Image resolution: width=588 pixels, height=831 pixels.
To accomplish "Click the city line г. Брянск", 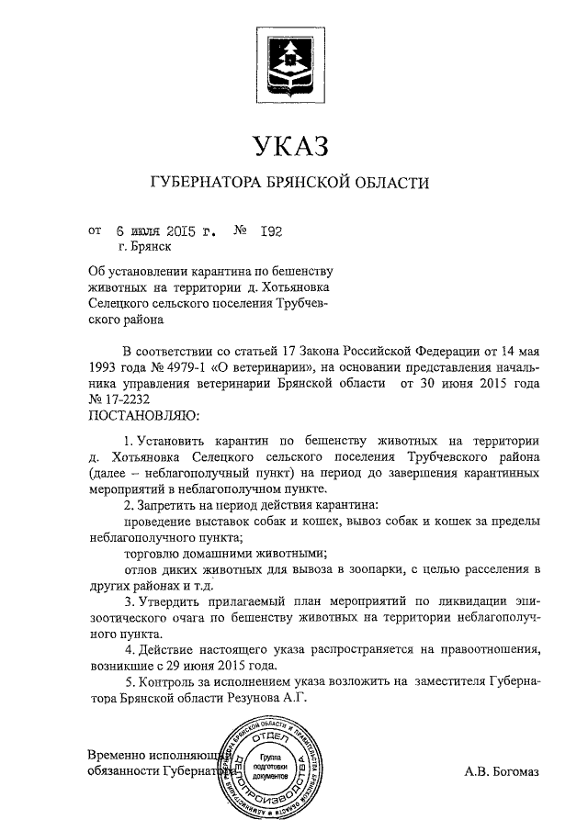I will [144, 246].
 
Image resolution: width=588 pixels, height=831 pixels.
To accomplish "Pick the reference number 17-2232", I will [123, 399].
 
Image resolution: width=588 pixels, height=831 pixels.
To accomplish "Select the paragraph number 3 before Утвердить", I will [128, 601].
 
